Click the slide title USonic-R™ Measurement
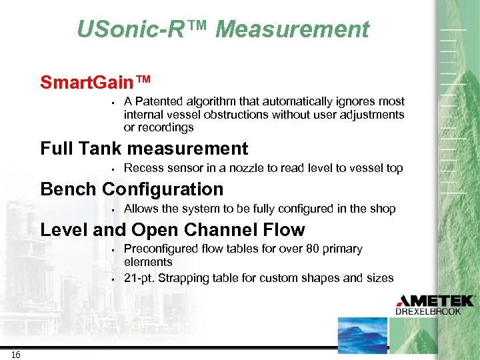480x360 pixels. click(223, 29)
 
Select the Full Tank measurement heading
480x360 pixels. click(144, 148)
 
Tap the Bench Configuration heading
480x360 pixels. click(132, 189)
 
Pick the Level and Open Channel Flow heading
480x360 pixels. click(173, 230)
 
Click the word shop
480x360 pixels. click(383, 209)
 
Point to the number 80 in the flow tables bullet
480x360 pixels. click(297, 249)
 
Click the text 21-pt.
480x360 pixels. click(140, 278)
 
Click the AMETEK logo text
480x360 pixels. click(435, 301)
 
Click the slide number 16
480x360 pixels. click(15, 355)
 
